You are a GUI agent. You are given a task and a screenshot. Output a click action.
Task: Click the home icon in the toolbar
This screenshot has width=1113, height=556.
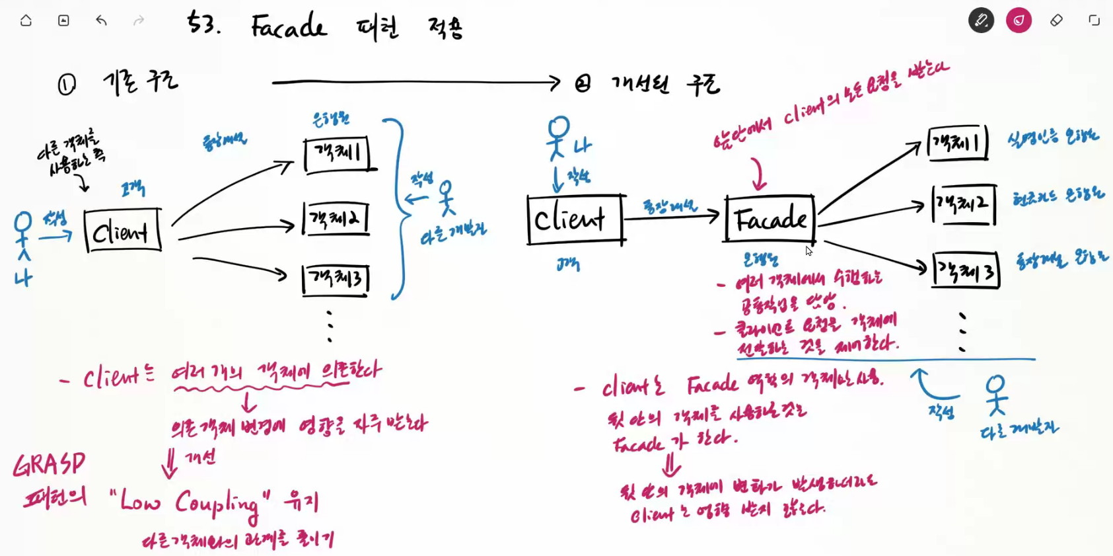26,20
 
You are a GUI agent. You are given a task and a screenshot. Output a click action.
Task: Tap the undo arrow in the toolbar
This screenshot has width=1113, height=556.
101,20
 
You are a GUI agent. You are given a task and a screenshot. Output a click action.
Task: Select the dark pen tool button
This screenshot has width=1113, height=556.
981,20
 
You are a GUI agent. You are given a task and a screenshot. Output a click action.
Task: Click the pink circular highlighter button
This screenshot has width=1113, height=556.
1019,20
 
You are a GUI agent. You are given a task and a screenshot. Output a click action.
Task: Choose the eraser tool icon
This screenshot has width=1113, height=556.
1056,20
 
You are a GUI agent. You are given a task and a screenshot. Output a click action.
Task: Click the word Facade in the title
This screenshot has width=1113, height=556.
289,27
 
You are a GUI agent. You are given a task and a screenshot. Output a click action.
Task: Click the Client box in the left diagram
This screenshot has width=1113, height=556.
122,231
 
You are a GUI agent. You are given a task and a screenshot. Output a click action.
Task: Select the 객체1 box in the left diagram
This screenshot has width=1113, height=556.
338,154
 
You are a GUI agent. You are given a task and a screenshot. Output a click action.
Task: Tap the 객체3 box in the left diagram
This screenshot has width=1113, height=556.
336,278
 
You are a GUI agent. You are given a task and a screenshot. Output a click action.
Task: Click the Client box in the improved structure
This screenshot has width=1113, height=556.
575,219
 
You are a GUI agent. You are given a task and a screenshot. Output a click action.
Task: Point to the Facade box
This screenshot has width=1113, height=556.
770,218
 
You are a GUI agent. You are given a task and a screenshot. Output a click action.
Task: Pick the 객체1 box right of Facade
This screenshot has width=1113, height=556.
957,143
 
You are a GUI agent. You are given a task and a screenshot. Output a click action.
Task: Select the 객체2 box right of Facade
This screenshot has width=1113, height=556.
964,204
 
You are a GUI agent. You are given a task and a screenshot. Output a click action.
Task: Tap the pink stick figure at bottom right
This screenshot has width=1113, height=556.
995,395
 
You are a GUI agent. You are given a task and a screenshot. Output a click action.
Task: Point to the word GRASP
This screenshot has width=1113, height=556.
50,464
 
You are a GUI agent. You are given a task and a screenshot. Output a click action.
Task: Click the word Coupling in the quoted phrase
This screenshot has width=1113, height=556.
217,504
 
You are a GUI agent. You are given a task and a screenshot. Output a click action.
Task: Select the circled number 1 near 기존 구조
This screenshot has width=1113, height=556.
67,85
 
